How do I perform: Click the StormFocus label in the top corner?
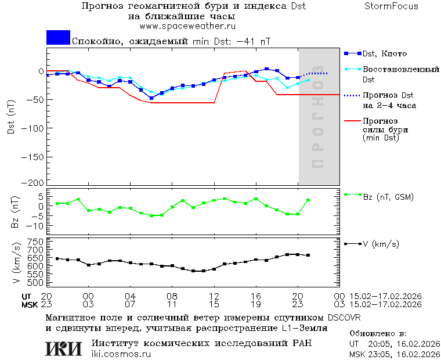click(x=391, y=6)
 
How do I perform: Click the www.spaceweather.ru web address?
click(x=183, y=26)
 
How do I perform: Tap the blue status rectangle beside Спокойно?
click(x=58, y=38)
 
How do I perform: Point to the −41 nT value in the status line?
click(x=253, y=41)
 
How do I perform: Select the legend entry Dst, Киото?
click(x=384, y=53)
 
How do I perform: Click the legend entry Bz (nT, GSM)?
click(x=388, y=197)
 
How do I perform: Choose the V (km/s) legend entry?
click(x=381, y=244)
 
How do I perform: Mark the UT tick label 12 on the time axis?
click(x=214, y=296)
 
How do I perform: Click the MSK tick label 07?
click(x=131, y=304)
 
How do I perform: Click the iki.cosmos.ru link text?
click(x=121, y=354)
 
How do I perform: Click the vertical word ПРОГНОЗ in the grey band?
click(x=317, y=124)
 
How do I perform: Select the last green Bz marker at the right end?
click(x=308, y=200)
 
